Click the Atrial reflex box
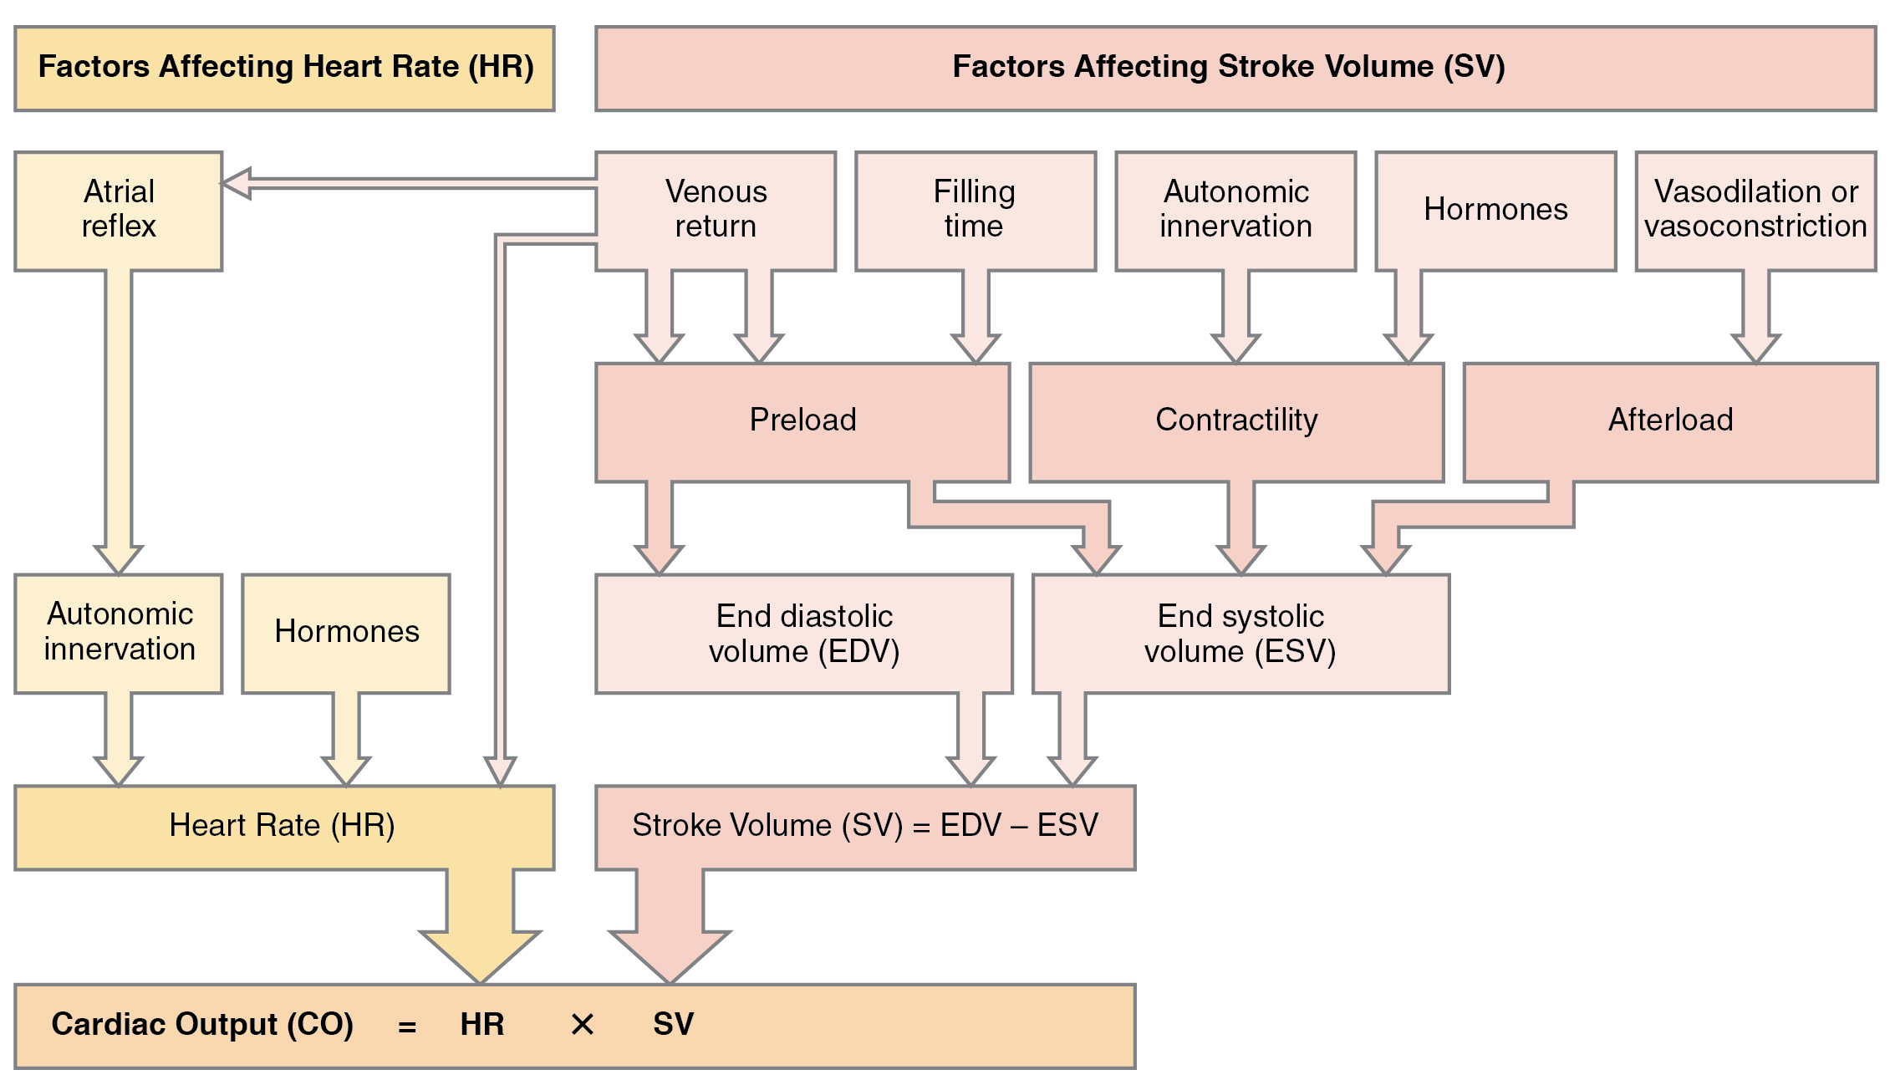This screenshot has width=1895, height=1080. pos(118,210)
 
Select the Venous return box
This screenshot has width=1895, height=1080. pos(716,210)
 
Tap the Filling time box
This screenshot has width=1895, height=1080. pos(975,210)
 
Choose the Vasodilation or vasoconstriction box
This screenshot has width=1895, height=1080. pos(1755,210)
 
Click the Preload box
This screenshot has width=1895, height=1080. pos(802,420)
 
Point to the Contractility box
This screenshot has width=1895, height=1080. pos(1236,420)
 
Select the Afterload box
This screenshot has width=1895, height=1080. pos(1670,420)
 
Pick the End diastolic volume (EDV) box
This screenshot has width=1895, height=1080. pos(803,633)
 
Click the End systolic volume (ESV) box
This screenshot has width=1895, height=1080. pos(1240,633)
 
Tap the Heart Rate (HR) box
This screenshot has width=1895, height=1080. pos(283,826)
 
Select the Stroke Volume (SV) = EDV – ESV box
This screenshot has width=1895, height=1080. pos(864,826)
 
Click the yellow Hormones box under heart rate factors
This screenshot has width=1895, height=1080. pos(346,632)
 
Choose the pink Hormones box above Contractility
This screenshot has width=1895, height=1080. pos(1495,210)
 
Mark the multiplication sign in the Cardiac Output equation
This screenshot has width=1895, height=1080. pos(582,1025)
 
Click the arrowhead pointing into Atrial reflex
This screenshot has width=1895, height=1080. pos(237,184)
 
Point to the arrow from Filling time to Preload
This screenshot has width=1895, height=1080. pos(976,318)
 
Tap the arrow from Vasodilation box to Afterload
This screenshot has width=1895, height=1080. pos(1755,318)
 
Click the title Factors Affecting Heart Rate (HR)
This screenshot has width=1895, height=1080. pos(285,67)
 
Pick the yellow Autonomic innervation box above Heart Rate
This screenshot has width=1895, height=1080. pos(118,632)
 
